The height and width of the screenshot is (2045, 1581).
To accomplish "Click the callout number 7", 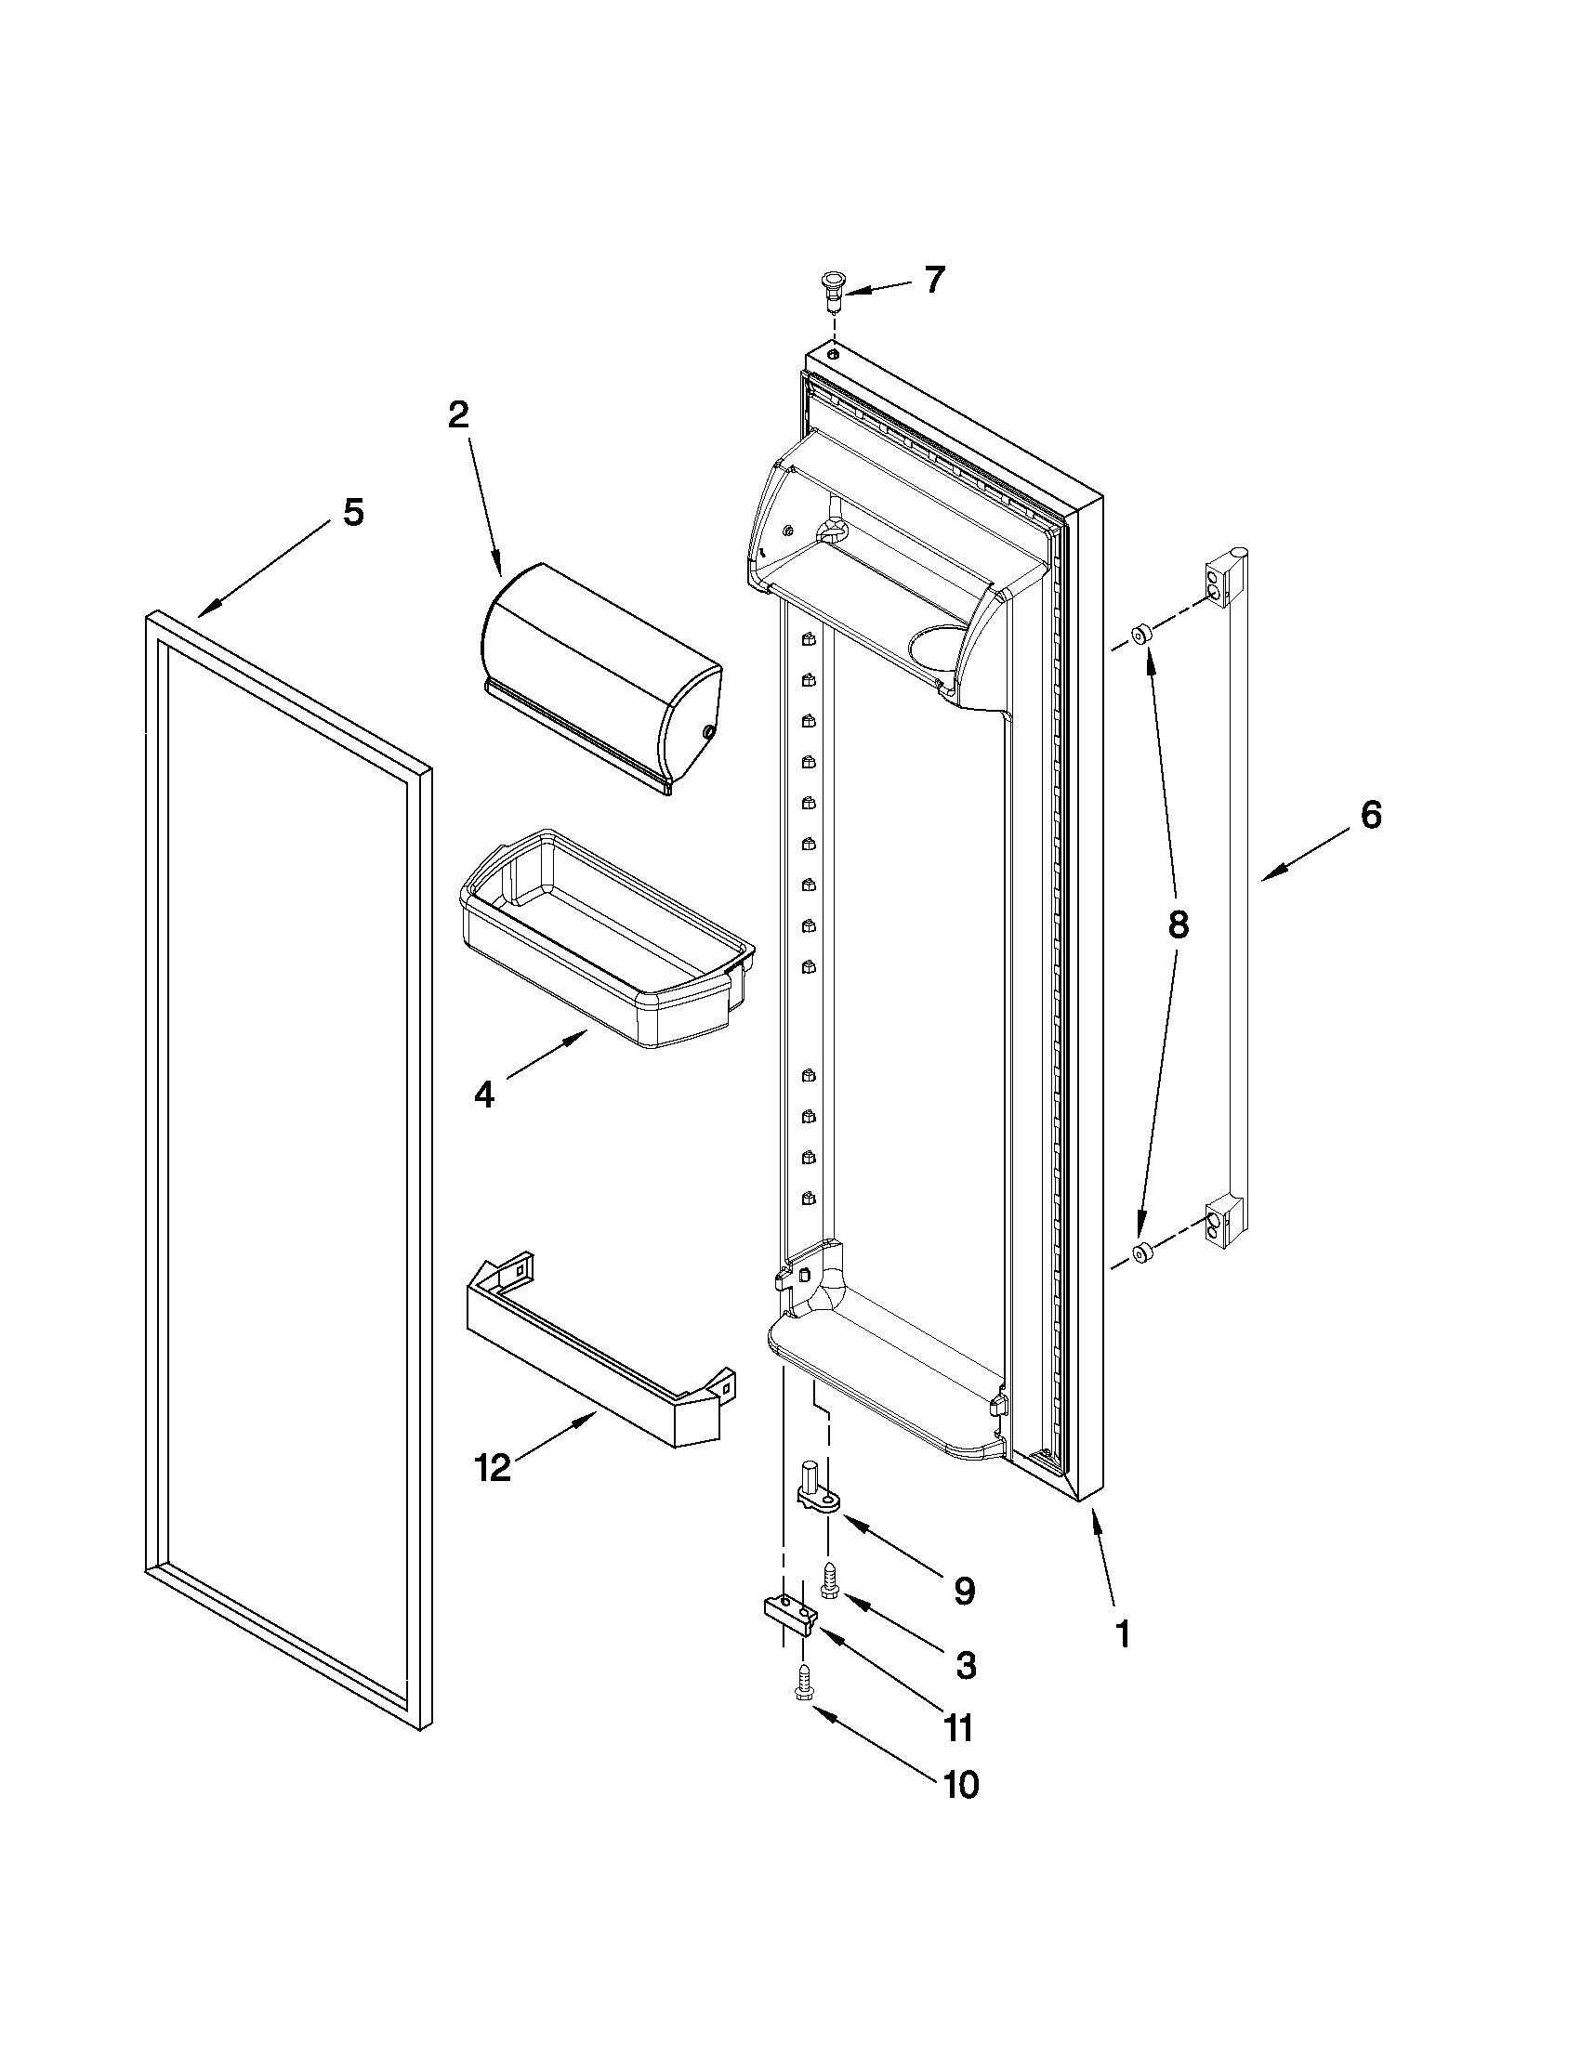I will [x=935, y=280].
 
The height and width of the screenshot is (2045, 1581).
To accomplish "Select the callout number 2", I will [x=458, y=413].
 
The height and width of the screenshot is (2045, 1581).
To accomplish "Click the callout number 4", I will [x=483, y=1093].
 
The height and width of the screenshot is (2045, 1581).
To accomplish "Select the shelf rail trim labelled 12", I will [x=599, y=1348].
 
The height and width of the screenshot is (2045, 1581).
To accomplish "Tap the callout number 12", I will [x=493, y=1467].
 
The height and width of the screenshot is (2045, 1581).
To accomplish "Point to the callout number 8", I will [x=1178, y=924].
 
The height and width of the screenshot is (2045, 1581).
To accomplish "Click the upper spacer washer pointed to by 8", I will [x=1140, y=635].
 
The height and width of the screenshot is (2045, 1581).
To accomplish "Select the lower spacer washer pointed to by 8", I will [x=1140, y=1252].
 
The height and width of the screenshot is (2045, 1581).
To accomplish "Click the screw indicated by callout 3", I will [x=829, y=1581].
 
